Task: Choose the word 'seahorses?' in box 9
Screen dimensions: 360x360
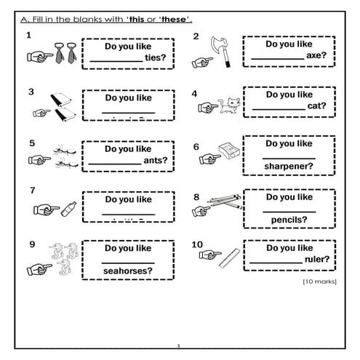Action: pyautogui.click(x=127, y=271)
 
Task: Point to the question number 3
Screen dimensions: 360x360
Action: pyautogui.click(x=31, y=92)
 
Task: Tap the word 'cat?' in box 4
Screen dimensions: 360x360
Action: pyautogui.click(x=316, y=105)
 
